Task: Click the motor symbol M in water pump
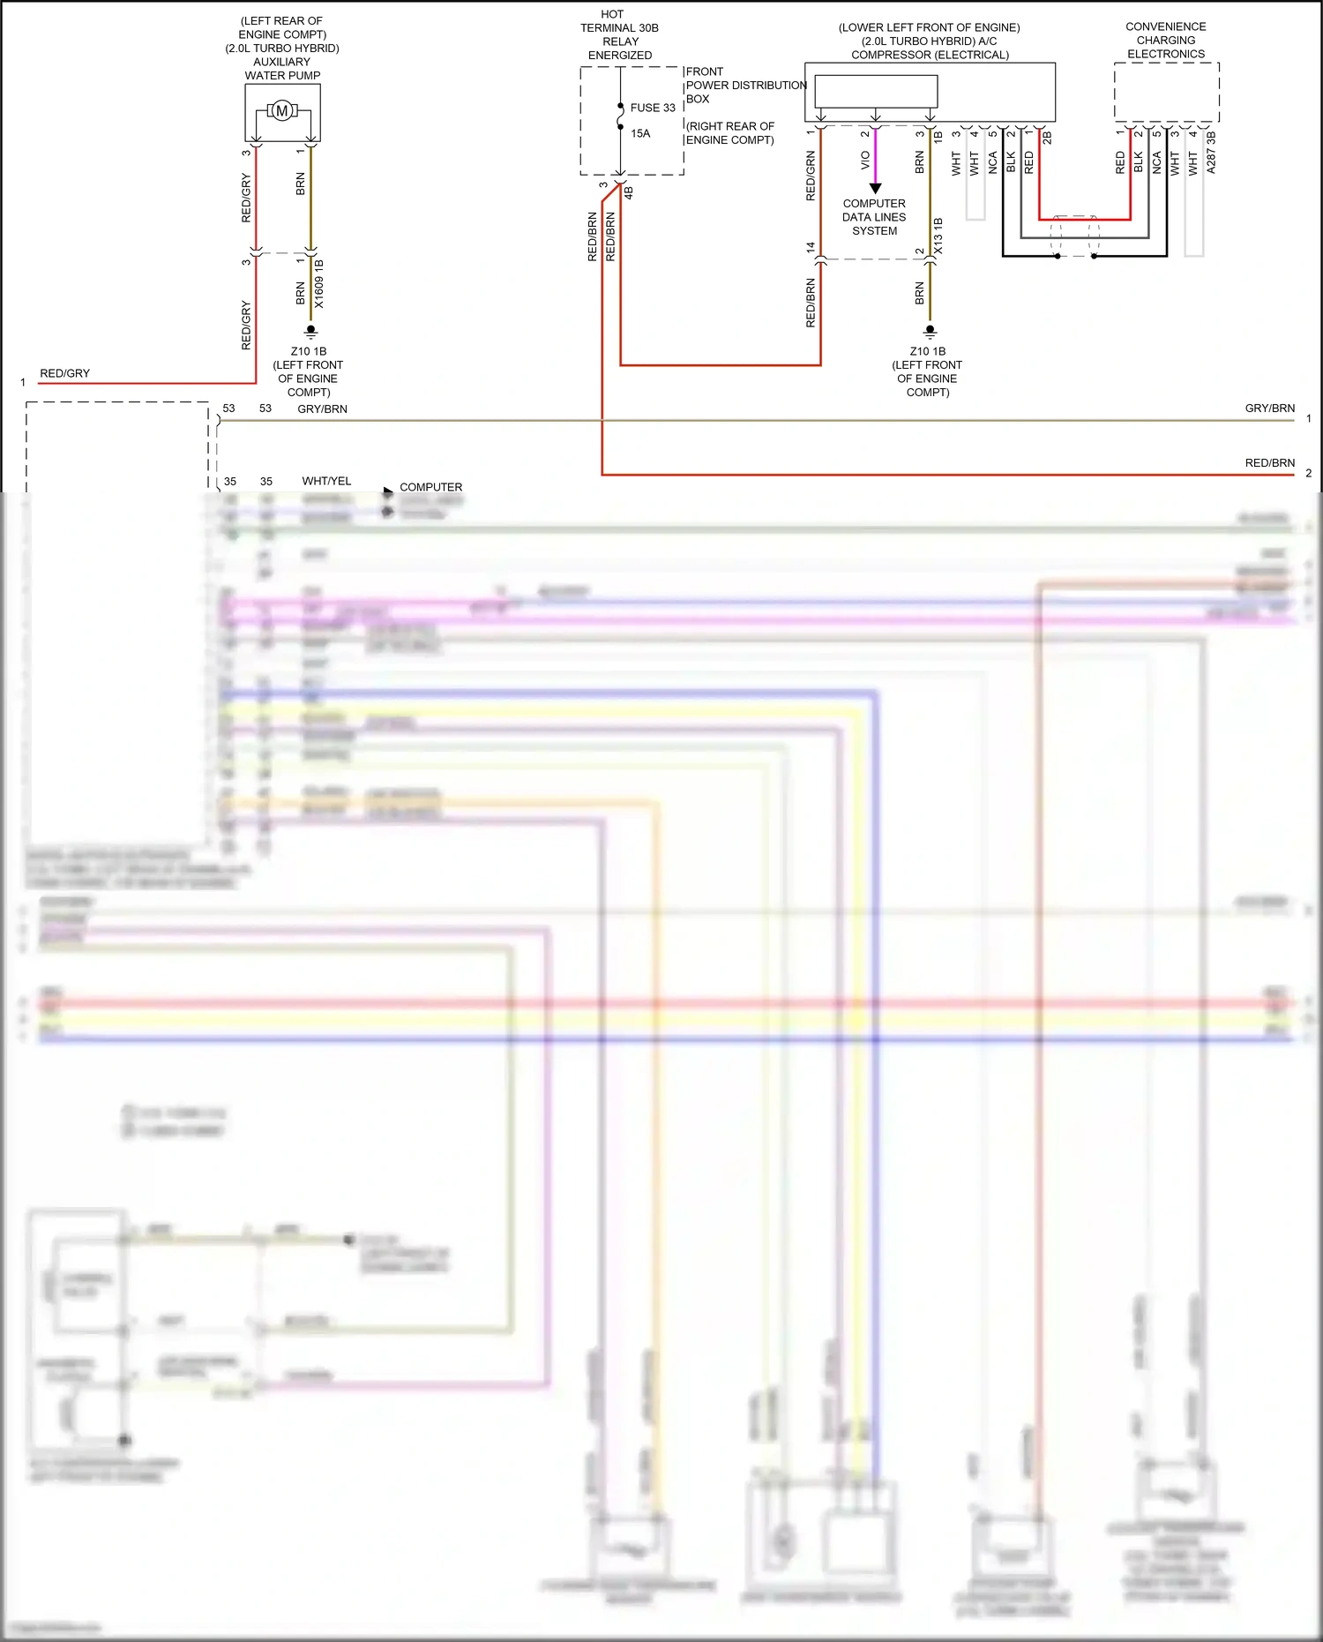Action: coord(281,110)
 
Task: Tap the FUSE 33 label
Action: coord(653,108)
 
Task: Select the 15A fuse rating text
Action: coord(640,133)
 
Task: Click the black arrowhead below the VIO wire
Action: coord(875,188)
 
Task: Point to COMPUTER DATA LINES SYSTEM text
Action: coord(874,217)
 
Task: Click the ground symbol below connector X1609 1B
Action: coord(310,333)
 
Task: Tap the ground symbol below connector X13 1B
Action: coord(930,333)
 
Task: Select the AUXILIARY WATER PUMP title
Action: coord(282,69)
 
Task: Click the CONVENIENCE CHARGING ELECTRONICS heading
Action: coord(1166,41)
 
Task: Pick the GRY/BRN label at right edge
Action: coord(1269,409)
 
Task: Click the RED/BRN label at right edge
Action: coord(1269,463)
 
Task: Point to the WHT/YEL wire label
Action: coord(326,481)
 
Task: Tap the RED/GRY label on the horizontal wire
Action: coord(64,373)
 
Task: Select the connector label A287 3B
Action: coord(1211,153)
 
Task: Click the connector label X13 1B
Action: coord(938,236)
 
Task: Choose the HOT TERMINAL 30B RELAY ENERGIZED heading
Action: coord(619,34)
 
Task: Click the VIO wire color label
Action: coord(865,161)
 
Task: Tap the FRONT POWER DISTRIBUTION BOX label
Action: coord(745,85)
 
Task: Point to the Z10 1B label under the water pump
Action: coord(309,351)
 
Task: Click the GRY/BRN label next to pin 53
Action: coord(322,409)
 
